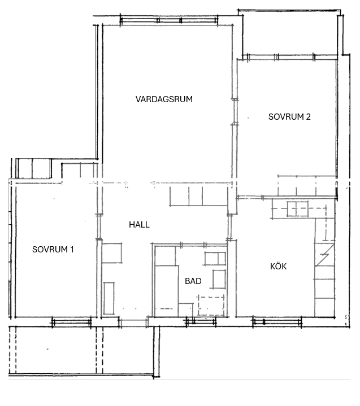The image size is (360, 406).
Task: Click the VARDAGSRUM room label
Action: pyautogui.click(x=164, y=99)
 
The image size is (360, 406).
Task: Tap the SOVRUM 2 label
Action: pyautogui.click(x=289, y=117)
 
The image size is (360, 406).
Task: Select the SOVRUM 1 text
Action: pyautogui.click(x=53, y=250)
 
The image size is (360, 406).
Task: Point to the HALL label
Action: pyautogui.click(x=139, y=225)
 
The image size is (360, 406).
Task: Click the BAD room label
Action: pyautogui.click(x=193, y=281)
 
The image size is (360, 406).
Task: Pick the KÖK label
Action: pyautogui.click(x=279, y=266)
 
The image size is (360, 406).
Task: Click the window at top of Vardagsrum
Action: pyautogui.click(x=169, y=20)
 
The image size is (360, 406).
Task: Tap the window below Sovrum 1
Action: pyautogui.click(x=72, y=322)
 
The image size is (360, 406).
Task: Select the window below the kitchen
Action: pyautogui.click(x=277, y=322)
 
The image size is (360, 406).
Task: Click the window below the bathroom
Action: pyautogui.click(x=201, y=322)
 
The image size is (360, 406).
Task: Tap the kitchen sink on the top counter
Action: pyautogui.click(x=297, y=209)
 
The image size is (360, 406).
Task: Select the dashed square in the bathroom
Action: pyautogui.click(x=211, y=306)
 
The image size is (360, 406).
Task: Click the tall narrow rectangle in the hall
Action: pyautogui.click(x=109, y=298)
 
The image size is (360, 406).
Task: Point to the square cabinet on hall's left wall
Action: pyautogui.click(x=112, y=253)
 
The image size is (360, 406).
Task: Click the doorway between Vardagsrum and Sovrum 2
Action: pyautogui.click(x=235, y=112)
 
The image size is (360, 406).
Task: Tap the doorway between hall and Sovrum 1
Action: pyautogui.click(x=99, y=226)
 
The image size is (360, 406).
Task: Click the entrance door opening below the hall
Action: pyautogui.click(x=133, y=322)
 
